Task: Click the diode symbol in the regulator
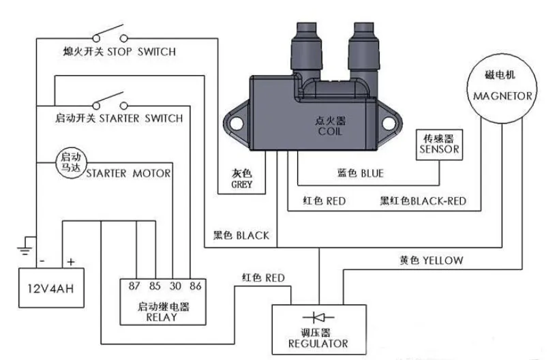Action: [318, 318]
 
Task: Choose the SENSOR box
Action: [440, 144]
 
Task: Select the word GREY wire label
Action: [242, 185]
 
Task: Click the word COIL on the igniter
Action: [330, 131]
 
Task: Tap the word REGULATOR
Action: [318, 344]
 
